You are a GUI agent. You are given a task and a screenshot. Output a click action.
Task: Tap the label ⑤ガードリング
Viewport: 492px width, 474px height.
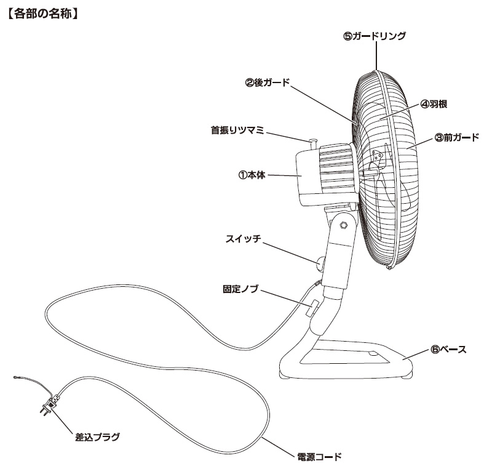tap(375, 36)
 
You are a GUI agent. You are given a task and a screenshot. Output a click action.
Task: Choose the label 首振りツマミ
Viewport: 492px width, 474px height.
tap(237, 131)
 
